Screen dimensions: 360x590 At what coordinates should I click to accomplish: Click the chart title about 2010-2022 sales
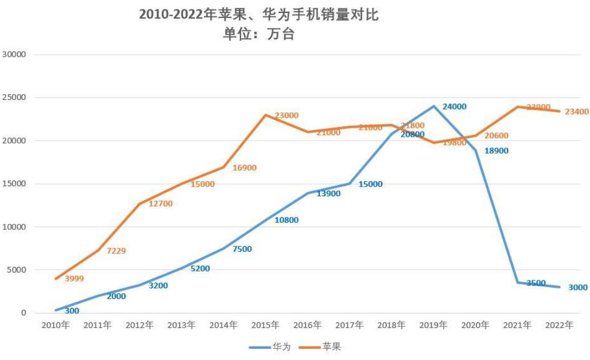coord(259,15)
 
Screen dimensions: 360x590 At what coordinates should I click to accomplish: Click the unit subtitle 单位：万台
coord(259,34)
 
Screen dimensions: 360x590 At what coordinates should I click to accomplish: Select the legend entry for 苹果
coord(331,347)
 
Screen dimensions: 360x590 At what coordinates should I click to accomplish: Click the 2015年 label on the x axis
coord(266,325)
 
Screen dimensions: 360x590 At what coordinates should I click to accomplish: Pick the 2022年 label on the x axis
coord(559,325)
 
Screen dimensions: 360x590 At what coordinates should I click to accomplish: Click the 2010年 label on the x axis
coord(56,325)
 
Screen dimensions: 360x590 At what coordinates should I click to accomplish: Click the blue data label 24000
coord(454,107)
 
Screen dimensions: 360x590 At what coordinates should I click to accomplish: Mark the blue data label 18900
coord(496,151)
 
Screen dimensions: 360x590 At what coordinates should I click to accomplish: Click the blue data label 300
coord(72,311)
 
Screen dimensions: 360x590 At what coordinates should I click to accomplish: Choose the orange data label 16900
coord(245,168)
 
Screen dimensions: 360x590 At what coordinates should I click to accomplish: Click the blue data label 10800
coord(286,220)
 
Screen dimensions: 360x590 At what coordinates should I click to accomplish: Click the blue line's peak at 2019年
coord(434,106)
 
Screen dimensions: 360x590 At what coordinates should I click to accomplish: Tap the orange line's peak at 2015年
coord(266,115)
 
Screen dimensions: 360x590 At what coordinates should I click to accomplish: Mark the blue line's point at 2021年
coord(517,283)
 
